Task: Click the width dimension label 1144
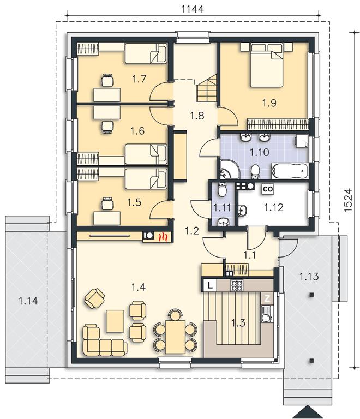click(193, 9)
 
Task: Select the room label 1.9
click(269, 103)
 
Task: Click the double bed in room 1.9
click(267, 65)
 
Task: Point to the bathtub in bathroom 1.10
click(290, 171)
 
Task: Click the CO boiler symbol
click(268, 189)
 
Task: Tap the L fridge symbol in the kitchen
click(211, 286)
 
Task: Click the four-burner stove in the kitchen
click(237, 285)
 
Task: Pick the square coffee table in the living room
click(115, 321)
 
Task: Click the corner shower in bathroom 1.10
click(230, 170)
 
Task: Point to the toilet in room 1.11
click(222, 190)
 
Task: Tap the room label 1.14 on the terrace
click(28, 301)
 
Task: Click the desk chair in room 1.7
click(107, 80)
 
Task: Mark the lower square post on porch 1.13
click(311, 361)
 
